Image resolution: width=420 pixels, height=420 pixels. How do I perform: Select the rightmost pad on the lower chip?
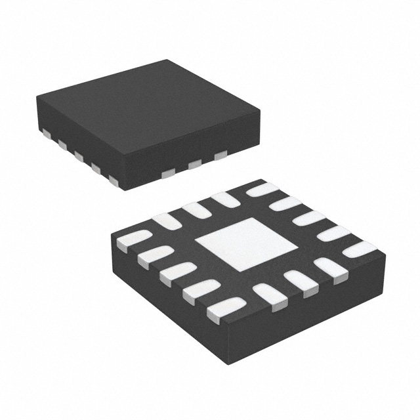coord(359,249)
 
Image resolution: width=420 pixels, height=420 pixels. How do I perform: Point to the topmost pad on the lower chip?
coord(262,190)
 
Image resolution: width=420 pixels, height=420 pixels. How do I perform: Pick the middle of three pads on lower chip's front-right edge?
coord(299,280)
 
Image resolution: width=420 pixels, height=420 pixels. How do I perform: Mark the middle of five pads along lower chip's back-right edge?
coord(310,219)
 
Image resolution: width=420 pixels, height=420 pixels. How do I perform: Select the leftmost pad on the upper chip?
coord(46,133)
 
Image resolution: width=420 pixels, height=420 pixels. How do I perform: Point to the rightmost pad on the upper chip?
coord(220,155)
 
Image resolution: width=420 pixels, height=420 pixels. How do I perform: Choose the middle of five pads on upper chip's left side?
coord(79,156)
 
